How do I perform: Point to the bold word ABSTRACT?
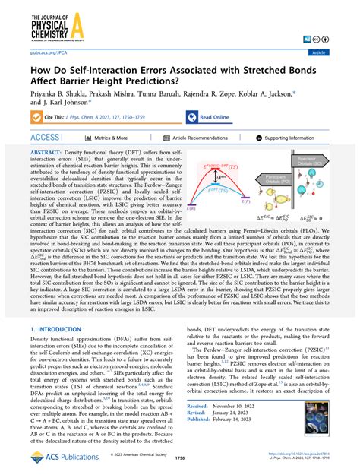48,154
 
